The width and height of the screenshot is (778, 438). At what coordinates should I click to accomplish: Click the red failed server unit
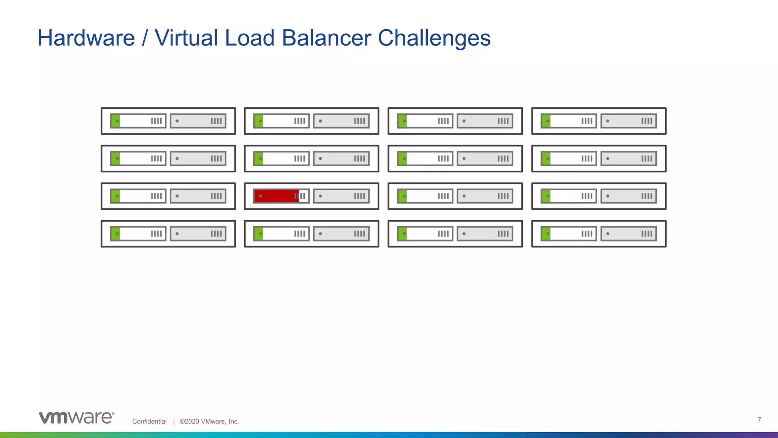(x=277, y=196)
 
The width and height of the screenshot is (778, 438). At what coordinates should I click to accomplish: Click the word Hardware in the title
(x=86, y=38)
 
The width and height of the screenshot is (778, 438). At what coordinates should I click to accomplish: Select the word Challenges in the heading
(x=434, y=39)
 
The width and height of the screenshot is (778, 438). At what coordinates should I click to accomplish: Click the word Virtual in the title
(x=186, y=38)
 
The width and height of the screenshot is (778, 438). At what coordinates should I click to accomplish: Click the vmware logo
(x=76, y=417)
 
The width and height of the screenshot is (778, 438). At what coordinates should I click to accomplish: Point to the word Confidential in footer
(x=149, y=421)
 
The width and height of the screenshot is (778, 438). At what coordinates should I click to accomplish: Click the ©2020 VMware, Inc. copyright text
(x=209, y=421)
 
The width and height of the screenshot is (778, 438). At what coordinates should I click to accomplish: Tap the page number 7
(x=759, y=419)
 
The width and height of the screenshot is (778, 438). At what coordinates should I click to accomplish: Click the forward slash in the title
(x=144, y=38)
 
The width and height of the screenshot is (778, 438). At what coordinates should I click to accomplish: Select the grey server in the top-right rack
(x=629, y=121)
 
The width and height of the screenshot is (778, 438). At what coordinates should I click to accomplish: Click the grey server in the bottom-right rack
(x=629, y=234)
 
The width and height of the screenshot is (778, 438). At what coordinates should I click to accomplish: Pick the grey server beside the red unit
(x=341, y=196)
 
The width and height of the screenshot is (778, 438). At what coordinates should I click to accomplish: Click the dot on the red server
(x=261, y=196)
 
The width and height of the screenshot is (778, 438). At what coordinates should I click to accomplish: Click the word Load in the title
(x=250, y=38)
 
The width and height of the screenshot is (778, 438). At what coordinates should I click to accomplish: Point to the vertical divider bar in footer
(x=174, y=421)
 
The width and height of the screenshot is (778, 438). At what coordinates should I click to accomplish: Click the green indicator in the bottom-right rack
(x=546, y=234)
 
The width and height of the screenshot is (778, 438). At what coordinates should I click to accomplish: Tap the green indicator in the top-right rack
(x=546, y=121)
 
